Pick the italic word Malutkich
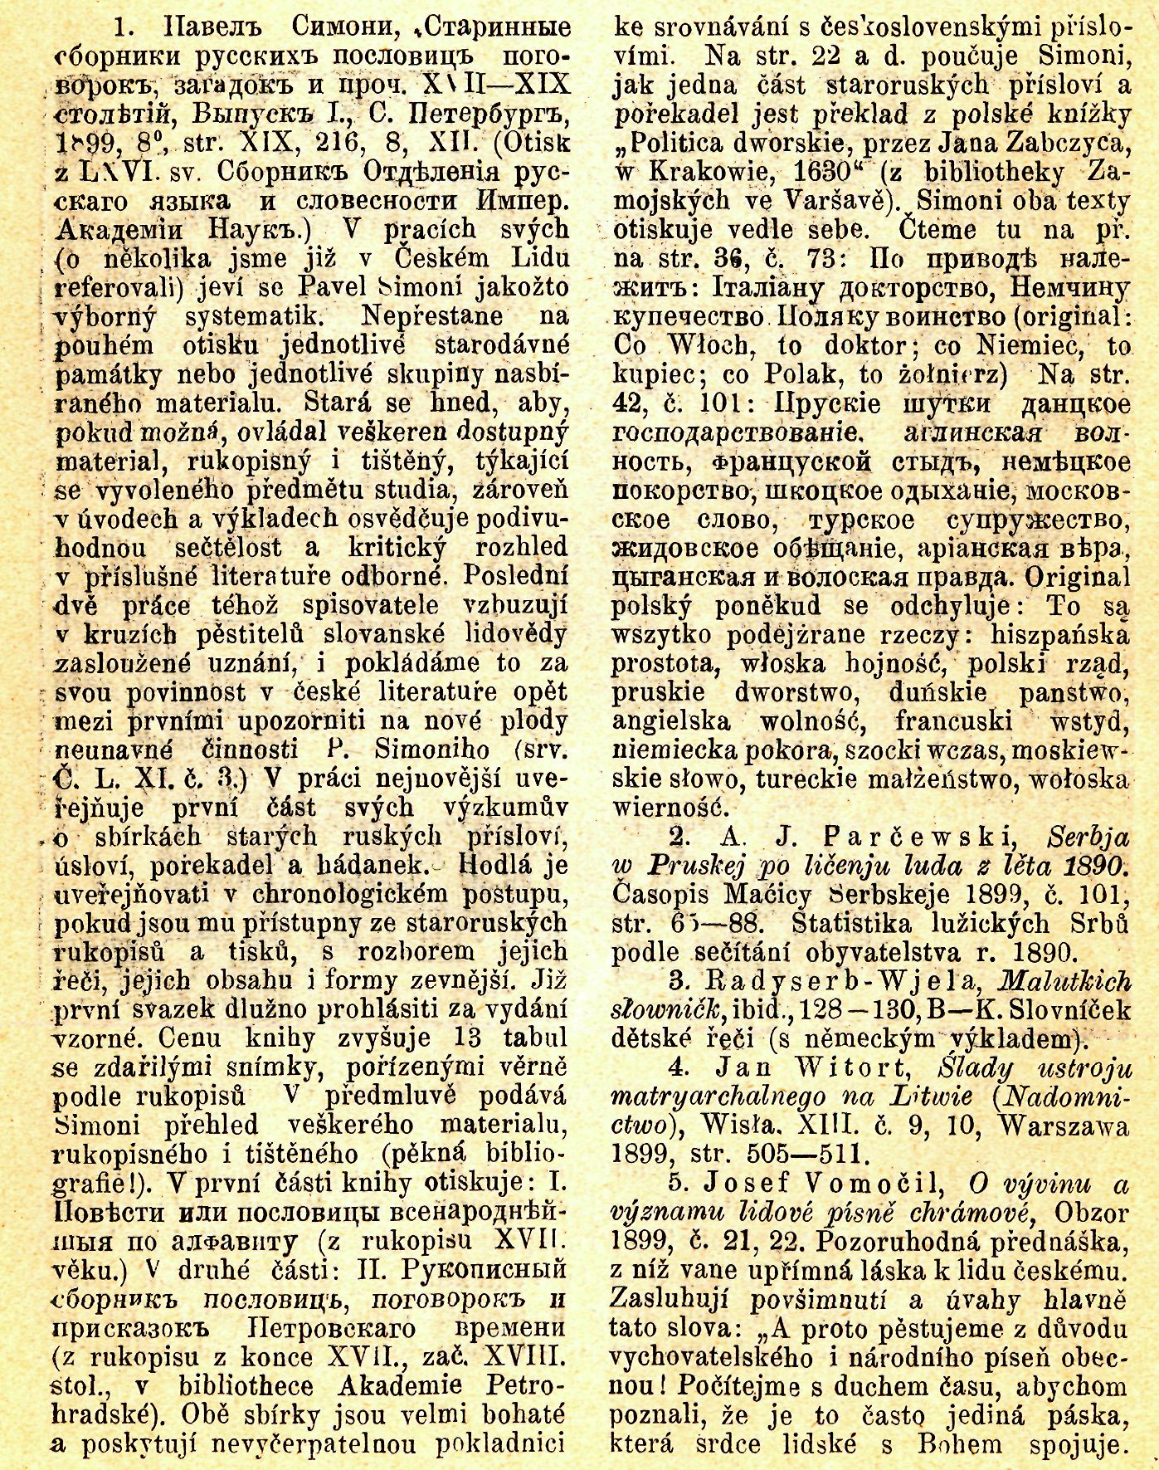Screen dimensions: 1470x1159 [x=1067, y=980]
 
